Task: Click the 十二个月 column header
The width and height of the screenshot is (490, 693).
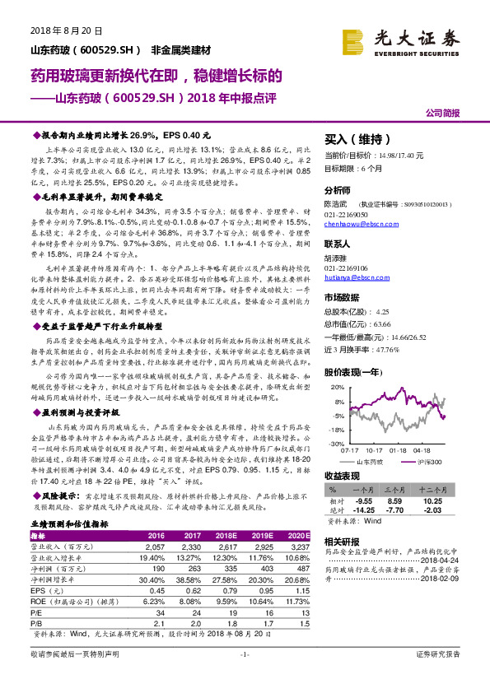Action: pos(434,489)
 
